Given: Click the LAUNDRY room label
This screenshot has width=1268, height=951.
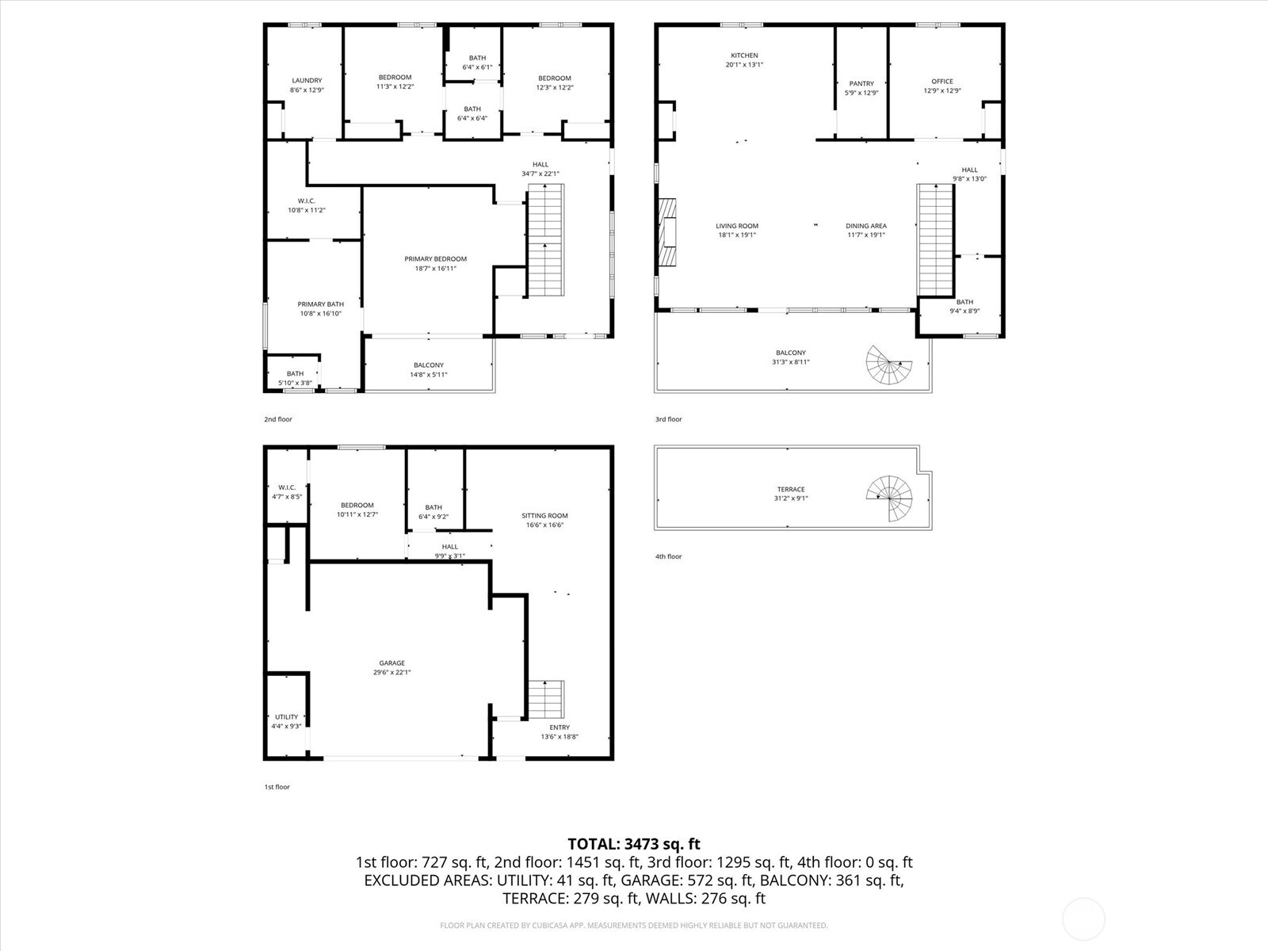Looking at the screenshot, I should [307, 80].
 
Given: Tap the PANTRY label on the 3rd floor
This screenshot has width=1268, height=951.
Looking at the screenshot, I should [861, 83].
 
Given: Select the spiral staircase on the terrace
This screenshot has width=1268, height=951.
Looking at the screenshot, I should [890, 498].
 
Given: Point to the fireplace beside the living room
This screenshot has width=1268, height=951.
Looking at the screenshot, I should [667, 232].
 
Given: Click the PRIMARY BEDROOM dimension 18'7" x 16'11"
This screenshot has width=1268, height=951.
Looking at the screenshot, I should [436, 269].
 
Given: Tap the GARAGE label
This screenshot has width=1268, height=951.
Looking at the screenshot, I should [391, 663].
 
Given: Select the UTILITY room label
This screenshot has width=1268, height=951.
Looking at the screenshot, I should [286, 716].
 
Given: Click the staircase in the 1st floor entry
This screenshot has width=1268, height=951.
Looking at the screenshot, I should [546, 698].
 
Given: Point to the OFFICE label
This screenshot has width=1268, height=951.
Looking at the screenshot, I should [942, 81].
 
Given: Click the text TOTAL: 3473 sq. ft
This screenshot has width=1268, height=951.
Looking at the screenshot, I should [634, 844].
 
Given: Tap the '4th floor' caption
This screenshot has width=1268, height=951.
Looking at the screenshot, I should [668, 556].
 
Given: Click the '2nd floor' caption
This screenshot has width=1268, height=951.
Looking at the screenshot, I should [277, 419].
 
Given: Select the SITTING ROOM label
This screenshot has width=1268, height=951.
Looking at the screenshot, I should [544, 515].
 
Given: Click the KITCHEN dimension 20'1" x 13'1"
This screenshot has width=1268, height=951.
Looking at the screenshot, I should [744, 65].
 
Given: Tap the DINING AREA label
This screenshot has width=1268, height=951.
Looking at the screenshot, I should [865, 226].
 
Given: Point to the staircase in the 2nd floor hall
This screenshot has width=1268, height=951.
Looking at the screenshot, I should [546, 240].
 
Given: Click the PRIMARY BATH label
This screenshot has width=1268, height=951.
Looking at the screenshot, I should [320, 304].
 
